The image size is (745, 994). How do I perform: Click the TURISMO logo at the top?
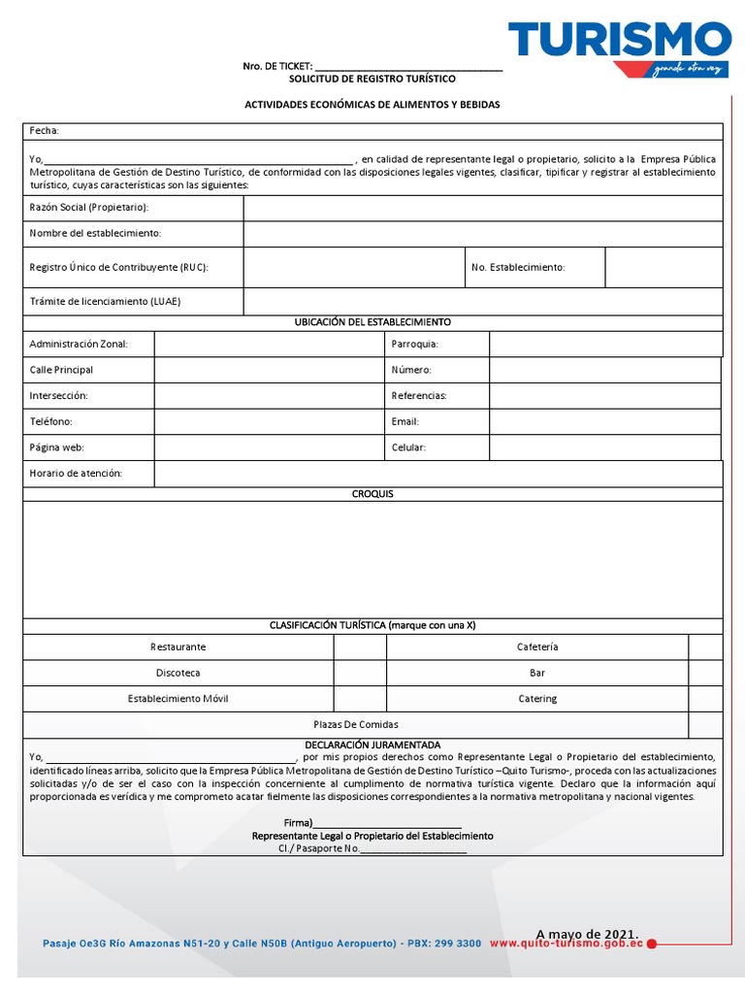620,41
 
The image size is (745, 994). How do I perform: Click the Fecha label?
45,131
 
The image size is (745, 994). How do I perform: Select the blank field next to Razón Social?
482,208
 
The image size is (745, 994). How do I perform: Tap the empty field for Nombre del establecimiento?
482,234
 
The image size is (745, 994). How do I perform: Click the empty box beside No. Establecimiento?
664,267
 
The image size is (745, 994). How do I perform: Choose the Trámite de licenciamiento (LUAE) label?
105,301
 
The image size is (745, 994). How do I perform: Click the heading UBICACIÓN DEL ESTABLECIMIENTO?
372,322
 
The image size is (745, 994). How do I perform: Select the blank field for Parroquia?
605,344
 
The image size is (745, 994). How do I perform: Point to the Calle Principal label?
62,370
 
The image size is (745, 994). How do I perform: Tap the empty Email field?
605,421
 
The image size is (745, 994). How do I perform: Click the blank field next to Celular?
605,447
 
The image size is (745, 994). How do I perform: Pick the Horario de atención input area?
438,474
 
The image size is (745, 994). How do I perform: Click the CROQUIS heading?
372,494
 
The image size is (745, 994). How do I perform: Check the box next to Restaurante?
360,647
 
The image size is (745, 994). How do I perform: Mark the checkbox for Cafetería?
705,647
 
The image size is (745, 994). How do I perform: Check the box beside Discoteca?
360,673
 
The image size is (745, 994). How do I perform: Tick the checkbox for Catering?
705,699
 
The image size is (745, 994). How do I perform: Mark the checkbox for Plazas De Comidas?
705,725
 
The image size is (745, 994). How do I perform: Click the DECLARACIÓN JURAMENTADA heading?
372,745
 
